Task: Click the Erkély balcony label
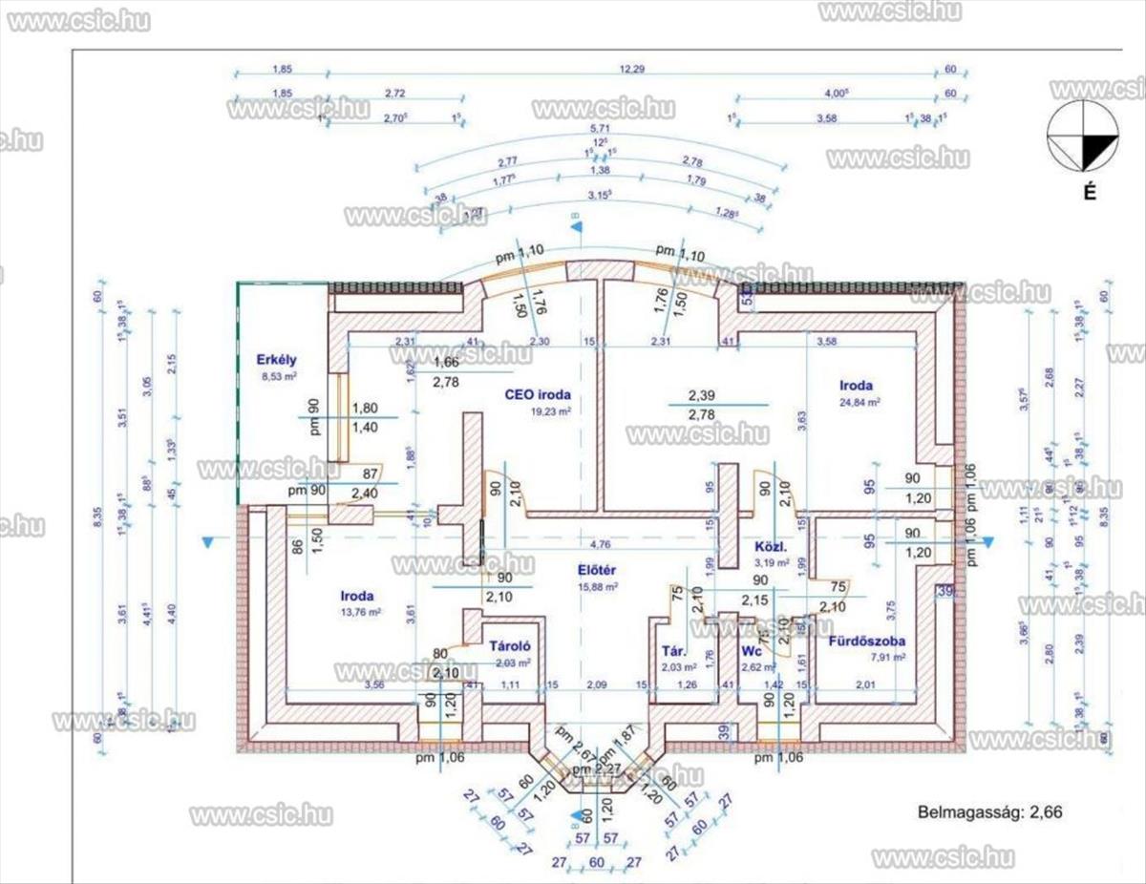276,360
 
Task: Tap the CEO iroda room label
538,393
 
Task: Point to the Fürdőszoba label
866,641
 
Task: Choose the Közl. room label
769,548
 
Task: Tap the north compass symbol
1083,138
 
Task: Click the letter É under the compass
1088,191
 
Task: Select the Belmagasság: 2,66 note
990,813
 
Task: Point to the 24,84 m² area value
856,402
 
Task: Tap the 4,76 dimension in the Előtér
600,545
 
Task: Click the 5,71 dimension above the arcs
600,128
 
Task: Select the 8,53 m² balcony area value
279,377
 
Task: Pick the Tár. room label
671,652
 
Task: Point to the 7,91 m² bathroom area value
867,657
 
